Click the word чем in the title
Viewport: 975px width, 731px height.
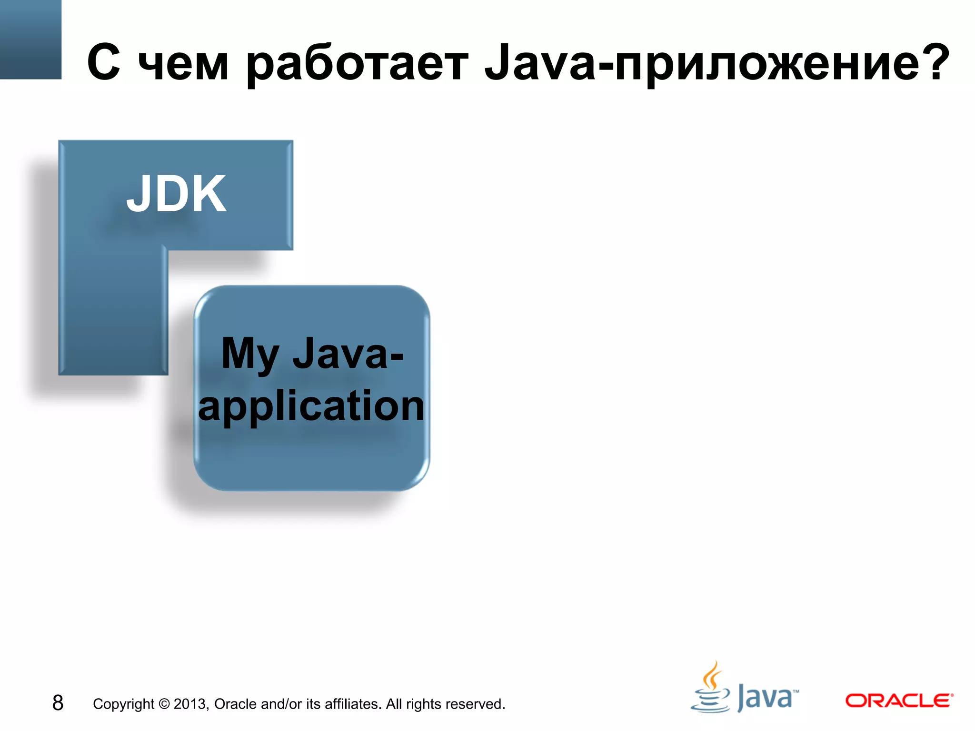click(x=183, y=64)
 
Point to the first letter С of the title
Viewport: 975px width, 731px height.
click(x=103, y=63)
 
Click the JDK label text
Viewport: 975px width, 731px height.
click(x=176, y=194)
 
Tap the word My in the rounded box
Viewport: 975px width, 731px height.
click(x=249, y=355)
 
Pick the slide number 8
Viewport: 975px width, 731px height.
click(x=58, y=703)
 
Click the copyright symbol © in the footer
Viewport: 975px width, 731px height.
click(x=164, y=704)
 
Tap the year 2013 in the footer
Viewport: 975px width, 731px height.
click(x=190, y=704)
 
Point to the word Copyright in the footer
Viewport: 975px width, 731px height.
click(x=123, y=704)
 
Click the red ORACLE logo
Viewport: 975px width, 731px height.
click(x=899, y=701)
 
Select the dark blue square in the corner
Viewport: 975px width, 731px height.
click(x=30, y=39)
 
